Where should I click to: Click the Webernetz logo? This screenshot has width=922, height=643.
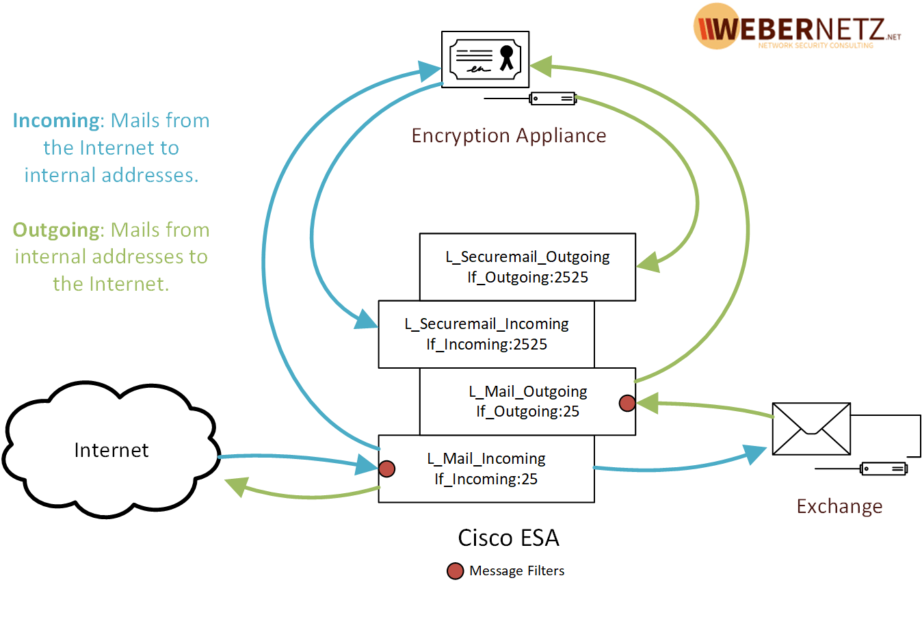click(x=796, y=27)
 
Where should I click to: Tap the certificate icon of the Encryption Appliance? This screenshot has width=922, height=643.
click(x=485, y=59)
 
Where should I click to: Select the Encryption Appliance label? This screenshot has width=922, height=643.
click(x=508, y=135)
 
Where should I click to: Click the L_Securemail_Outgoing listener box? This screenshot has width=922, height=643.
click(x=527, y=267)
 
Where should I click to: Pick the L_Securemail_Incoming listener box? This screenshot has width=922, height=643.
click(x=486, y=334)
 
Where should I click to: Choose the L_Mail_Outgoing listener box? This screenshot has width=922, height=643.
click(x=527, y=401)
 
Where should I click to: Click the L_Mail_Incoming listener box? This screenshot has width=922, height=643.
click(x=486, y=469)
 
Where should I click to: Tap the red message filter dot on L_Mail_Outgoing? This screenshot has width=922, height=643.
click(x=627, y=403)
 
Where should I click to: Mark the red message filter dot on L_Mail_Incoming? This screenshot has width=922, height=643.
click(x=386, y=469)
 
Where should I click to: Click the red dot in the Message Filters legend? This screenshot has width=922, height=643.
click(x=455, y=571)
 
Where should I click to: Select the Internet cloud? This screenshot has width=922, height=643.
click(x=111, y=449)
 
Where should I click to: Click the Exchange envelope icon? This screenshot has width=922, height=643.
click(x=811, y=429)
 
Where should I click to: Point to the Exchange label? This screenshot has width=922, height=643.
click(x=839, y=506)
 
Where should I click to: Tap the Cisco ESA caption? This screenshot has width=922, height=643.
click(x=508, y=538)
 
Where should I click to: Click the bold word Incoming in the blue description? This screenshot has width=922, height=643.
click(x=57, y=120)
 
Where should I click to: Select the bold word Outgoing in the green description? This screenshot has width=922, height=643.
click(x=57, y=230)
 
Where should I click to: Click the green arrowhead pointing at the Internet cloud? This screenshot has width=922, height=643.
click(x=236, y=486)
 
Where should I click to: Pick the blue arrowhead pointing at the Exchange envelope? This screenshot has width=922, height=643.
click(x=755, y=454)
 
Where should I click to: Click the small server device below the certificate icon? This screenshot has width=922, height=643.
click(x=553, y=99)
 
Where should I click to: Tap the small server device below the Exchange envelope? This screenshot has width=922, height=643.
click(x=884, y=469)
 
